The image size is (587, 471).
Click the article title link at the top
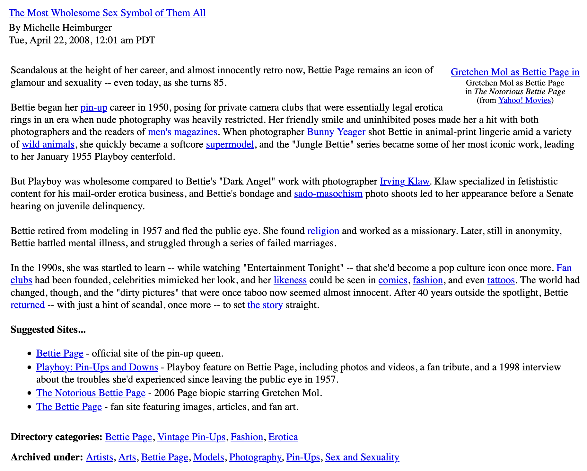point(107,13)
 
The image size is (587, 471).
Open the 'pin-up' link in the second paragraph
point(94,107)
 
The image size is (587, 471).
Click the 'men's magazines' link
point(182,132)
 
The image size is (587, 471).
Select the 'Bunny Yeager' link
point(336,132)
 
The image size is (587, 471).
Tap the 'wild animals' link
point(48,144)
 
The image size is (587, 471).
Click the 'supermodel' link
point(230,144)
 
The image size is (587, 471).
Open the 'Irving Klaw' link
point(405,181)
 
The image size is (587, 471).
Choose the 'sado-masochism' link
point(328,194)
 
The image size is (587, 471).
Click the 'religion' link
point(323,231)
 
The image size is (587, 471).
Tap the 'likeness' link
point(290,280)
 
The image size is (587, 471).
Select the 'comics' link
point(393,280)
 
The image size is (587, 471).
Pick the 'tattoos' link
point(501,280)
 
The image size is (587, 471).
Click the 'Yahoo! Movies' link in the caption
point(524,100)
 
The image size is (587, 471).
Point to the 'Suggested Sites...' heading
point(48,330)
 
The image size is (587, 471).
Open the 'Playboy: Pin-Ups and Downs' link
point(97,367)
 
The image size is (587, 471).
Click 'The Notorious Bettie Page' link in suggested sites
point(91,393)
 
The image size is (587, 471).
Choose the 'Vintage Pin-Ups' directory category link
point(191,437)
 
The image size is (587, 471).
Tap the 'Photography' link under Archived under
point(255,457)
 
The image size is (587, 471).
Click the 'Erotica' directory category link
point(283,437)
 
